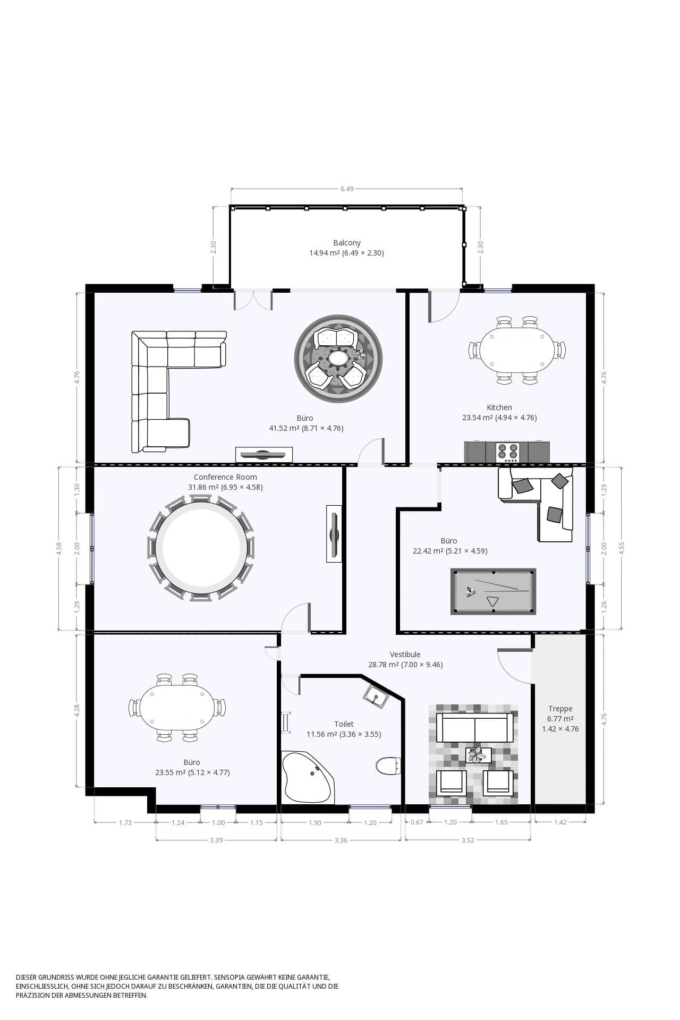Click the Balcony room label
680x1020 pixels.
[347, 243]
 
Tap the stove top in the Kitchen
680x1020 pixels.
[507, 452]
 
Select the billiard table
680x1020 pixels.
[493, 591]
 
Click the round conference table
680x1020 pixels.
[201, 547]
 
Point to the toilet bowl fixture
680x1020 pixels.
[388, 766]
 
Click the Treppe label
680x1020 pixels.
[560, 709]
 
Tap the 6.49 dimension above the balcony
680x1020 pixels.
[347, 189]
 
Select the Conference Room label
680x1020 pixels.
[225, 477]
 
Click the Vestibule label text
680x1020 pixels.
[405, 654]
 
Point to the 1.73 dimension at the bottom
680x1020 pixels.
[125, 822]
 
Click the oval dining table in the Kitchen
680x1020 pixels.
[517, 350]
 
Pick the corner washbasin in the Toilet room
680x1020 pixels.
[377, 696]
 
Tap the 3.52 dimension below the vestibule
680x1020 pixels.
[467, 840]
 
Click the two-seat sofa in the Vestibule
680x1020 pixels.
[475, 728]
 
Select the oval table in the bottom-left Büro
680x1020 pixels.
[177, 708]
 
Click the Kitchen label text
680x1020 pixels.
[499, 407]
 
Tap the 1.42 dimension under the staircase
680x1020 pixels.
[560, 822]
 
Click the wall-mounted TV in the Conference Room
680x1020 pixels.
[334, 533]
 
